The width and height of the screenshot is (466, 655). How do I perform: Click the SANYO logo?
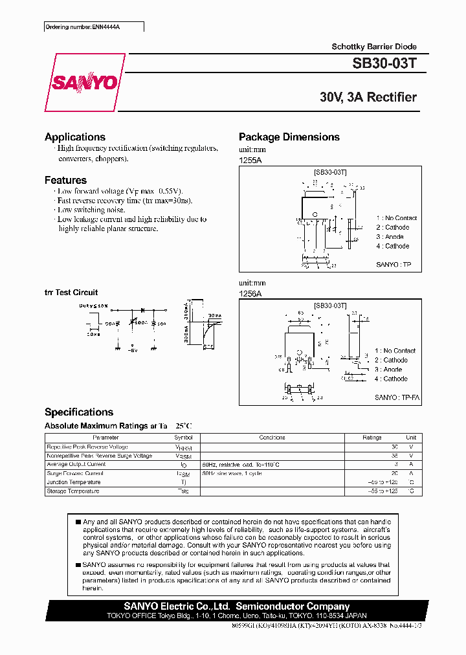coord(84,82)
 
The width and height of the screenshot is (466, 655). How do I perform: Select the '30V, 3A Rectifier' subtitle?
coord(368,97)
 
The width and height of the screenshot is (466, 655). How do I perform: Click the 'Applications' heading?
coord(74,137)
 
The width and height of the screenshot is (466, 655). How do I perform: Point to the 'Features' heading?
coord(65,180)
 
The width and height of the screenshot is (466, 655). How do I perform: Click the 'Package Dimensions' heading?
coord(289,137)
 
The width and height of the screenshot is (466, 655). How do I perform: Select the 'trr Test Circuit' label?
coord(71,293)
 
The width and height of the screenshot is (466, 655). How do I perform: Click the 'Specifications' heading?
coord(78,412)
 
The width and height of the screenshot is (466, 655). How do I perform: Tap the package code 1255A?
coord(250,159)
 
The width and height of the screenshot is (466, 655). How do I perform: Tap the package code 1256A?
coord(250,293)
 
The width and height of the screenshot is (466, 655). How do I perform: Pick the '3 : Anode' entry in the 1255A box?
coord(390,237)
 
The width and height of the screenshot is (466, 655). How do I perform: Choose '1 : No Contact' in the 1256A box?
coord(395,350)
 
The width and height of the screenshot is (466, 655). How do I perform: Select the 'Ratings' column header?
coord(372,438)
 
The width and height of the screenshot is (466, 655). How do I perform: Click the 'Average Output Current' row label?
coord(76,465)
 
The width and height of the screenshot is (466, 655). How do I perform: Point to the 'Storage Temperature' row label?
coord(72,491)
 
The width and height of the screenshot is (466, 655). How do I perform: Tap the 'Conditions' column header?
coord(272,438)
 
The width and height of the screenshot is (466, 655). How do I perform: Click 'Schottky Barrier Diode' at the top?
coord(374,47)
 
